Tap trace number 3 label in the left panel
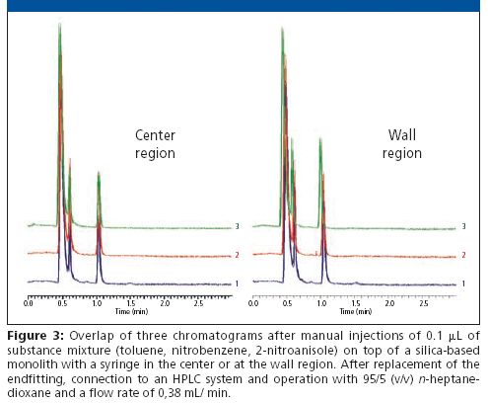236,227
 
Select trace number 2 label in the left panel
236,255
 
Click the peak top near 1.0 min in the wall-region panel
320,140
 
